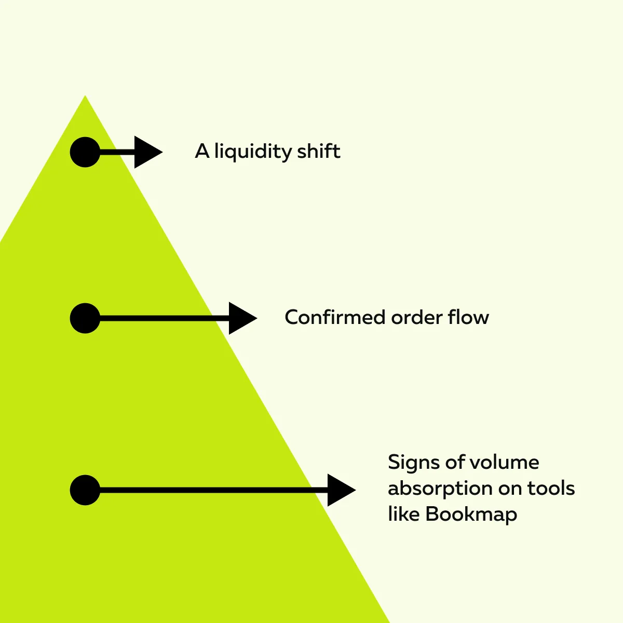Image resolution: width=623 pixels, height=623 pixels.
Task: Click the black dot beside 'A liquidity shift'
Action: (x=85, y=152)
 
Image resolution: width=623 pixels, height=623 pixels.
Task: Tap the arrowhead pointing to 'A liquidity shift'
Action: (x=147, y=152)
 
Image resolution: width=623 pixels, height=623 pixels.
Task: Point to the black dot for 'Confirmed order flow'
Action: (x=85, y=318)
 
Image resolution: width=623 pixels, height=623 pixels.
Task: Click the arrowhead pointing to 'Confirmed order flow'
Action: (x=241, y=318)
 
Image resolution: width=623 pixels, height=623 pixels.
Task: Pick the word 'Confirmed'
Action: (x=335, y=317)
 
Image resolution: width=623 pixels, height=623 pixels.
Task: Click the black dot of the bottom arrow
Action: (x=85, y=490)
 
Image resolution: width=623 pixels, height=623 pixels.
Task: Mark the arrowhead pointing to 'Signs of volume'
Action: (x=340, y=490)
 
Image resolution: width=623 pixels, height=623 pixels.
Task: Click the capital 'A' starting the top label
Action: (x=202, y=152)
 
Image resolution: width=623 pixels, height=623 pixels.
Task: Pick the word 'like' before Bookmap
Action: (x=404, y=514)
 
